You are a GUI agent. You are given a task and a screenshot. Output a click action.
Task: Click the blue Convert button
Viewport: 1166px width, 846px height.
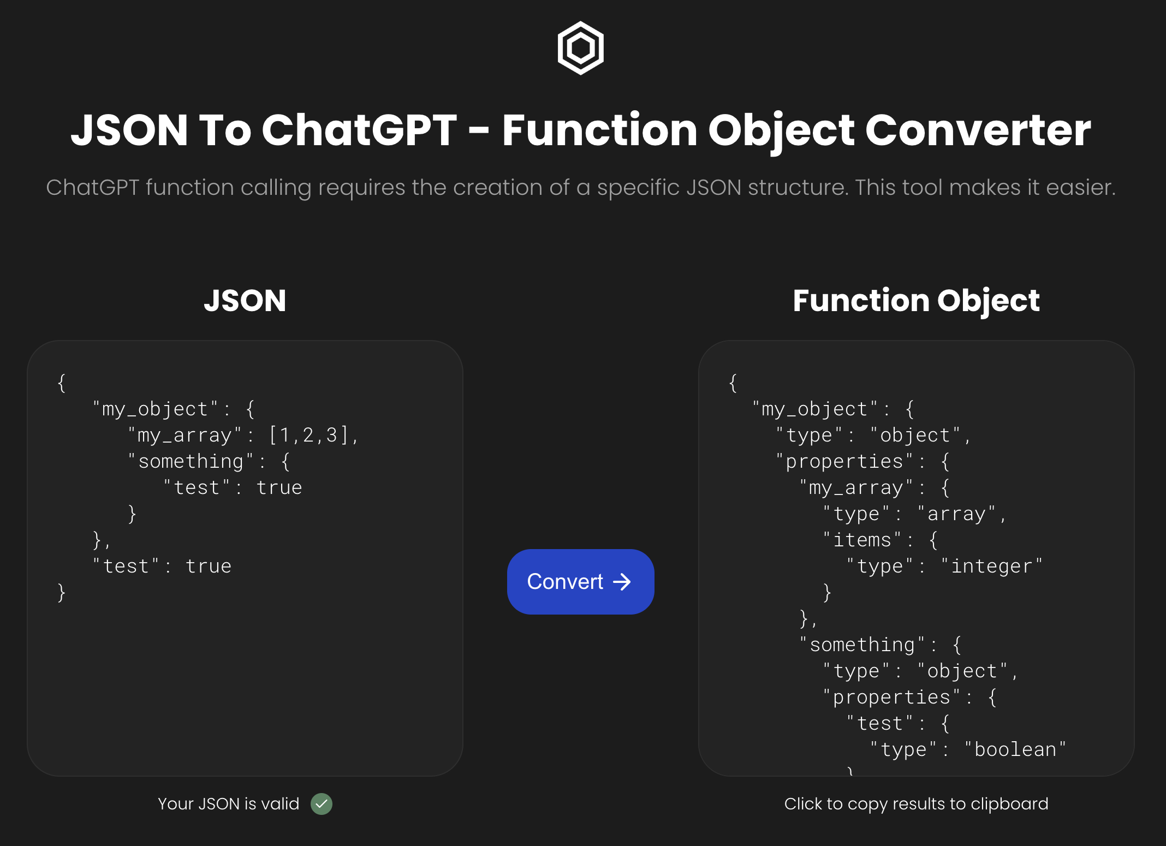[580, 581]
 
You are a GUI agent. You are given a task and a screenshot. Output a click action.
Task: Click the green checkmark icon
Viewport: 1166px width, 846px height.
[322, 803]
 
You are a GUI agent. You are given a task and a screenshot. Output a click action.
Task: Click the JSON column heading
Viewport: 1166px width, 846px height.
[245, 300]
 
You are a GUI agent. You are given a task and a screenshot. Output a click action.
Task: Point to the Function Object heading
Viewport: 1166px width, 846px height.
[916, 301]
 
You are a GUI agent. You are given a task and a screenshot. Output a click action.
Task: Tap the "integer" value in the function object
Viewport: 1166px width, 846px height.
[992, 566]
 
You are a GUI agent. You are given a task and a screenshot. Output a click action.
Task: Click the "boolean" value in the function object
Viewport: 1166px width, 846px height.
[1015, 749]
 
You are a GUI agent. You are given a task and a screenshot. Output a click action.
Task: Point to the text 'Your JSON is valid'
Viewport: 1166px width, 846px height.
[229, 803]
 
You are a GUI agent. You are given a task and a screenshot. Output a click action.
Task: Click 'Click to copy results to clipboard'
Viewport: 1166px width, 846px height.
[916, 803]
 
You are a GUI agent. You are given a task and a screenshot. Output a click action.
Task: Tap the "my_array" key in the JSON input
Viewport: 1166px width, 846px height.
[185, 435]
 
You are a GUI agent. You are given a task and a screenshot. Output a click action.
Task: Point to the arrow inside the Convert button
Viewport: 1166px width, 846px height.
[622, 582]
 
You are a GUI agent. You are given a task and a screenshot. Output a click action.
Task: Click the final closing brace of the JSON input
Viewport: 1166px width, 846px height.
[61, 592]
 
